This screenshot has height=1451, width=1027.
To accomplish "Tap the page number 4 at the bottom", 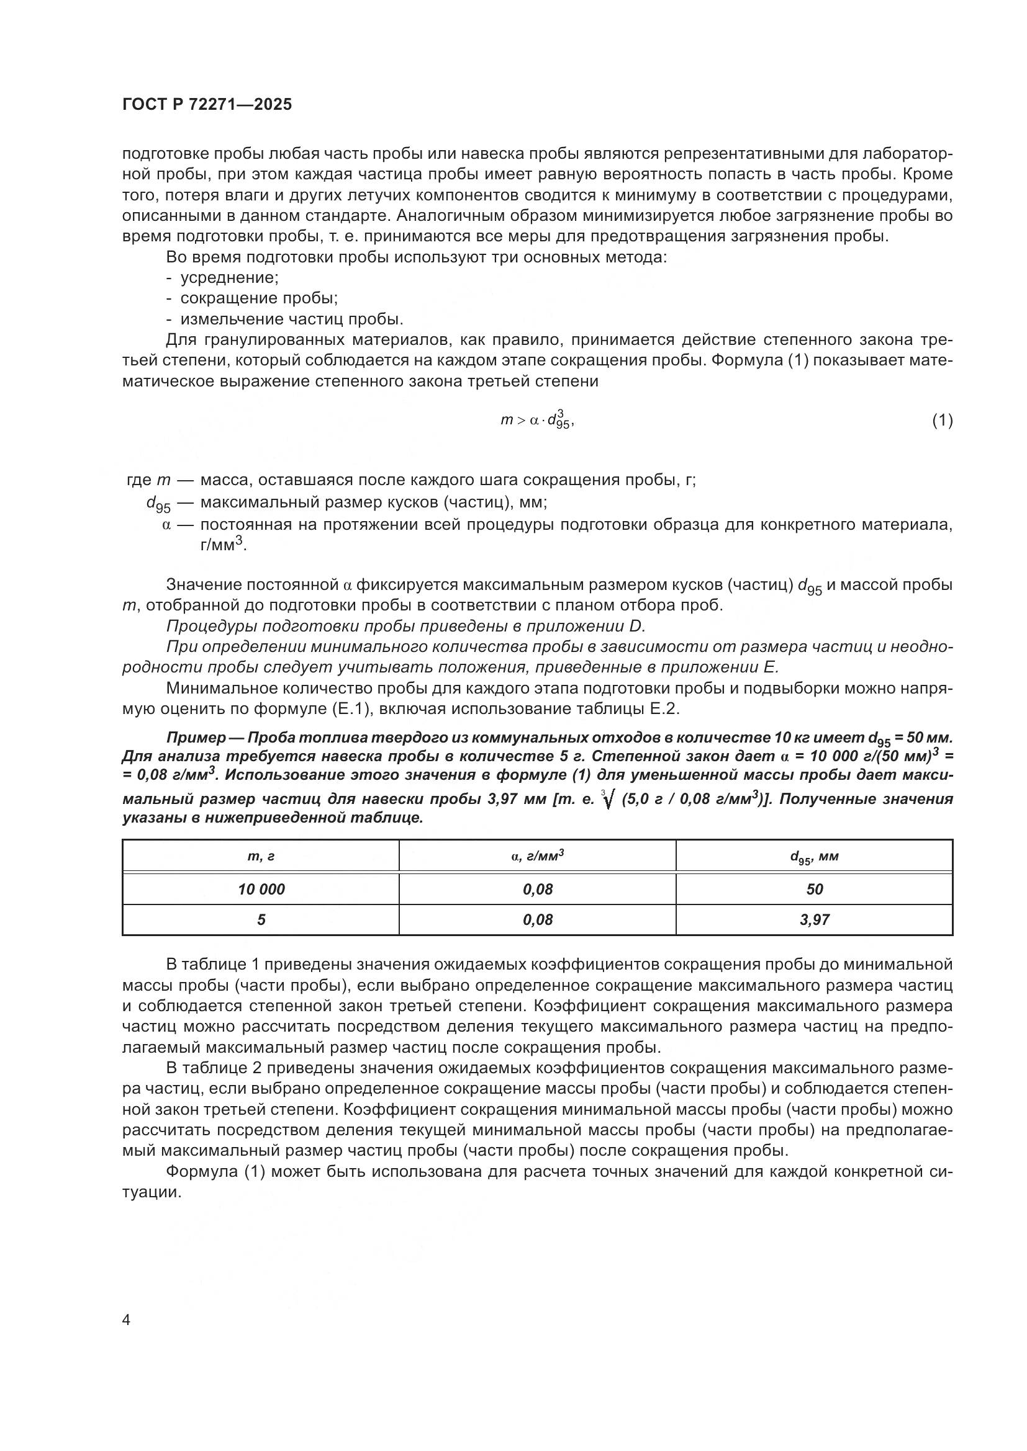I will click(127, 1320).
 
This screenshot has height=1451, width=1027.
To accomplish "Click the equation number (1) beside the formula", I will click(942, 420).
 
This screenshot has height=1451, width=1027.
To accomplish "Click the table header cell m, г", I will click(261, 857).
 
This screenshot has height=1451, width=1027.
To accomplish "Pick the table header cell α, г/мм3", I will click(538, 856).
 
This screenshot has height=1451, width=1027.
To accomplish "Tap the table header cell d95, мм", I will click(814, 857).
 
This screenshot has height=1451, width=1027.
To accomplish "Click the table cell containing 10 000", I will click(261, 889).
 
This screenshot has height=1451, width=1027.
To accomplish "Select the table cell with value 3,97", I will click(814, 919).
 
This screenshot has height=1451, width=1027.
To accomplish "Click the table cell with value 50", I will click(814, 889).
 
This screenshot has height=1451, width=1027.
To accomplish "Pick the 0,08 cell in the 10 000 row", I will click(538, 889).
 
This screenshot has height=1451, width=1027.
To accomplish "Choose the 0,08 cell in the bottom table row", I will click(538, 919).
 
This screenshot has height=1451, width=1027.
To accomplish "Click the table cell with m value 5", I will click(261, 919).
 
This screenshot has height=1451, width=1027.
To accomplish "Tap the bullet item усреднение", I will click(230, 277).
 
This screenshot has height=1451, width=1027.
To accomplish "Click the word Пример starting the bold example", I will click(196, 738).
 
